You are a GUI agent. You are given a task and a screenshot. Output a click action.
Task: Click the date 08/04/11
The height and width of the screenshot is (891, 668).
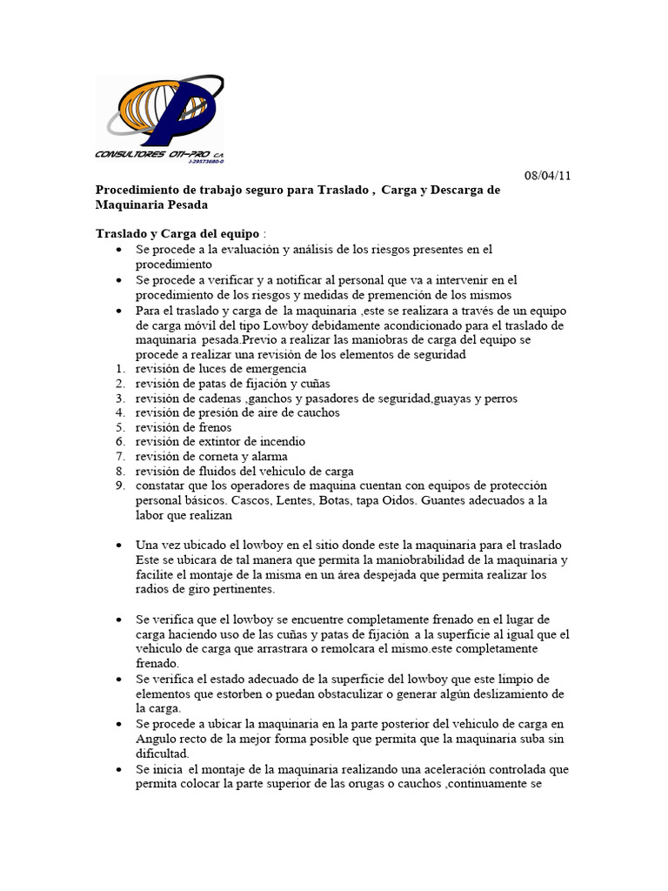(548, 175)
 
